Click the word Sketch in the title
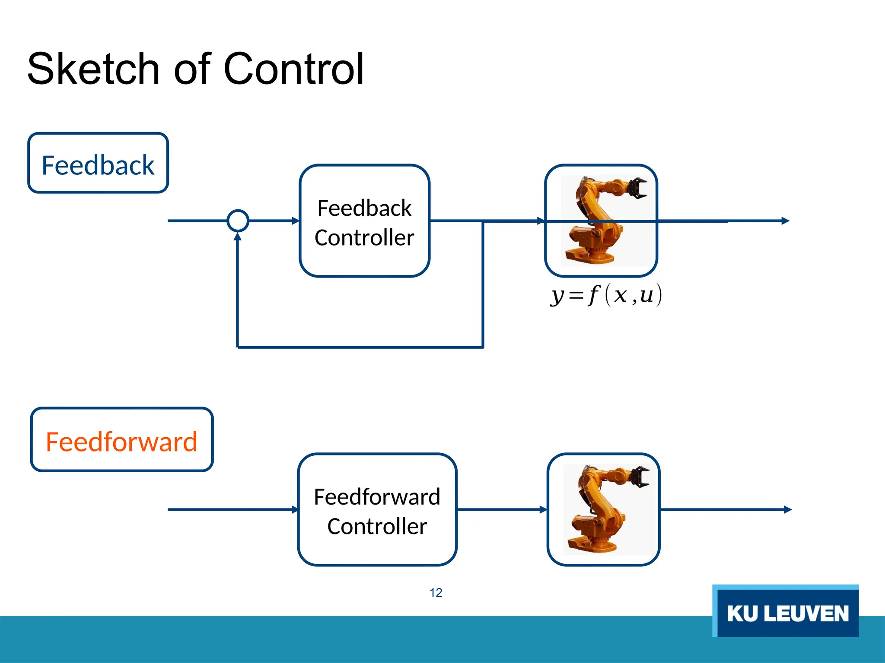click(93, 69)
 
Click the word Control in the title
click(293, 69)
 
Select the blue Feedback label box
click(98, 163)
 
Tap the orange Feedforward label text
click(121, 442)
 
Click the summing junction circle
click(238, 221)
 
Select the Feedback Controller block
click(364, 221)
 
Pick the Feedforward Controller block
click(377, 510)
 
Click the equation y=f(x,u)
click(606, 296)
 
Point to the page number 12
click(436, 593)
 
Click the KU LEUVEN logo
click(786, 612)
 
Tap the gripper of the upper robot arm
click(636, 188)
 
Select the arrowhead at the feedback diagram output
click(785, 221)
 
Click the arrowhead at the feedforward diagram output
click(787, 510)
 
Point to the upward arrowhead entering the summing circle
click(238, 237)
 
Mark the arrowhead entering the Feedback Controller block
click(296, 221)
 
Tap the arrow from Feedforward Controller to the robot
click(501, 510)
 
